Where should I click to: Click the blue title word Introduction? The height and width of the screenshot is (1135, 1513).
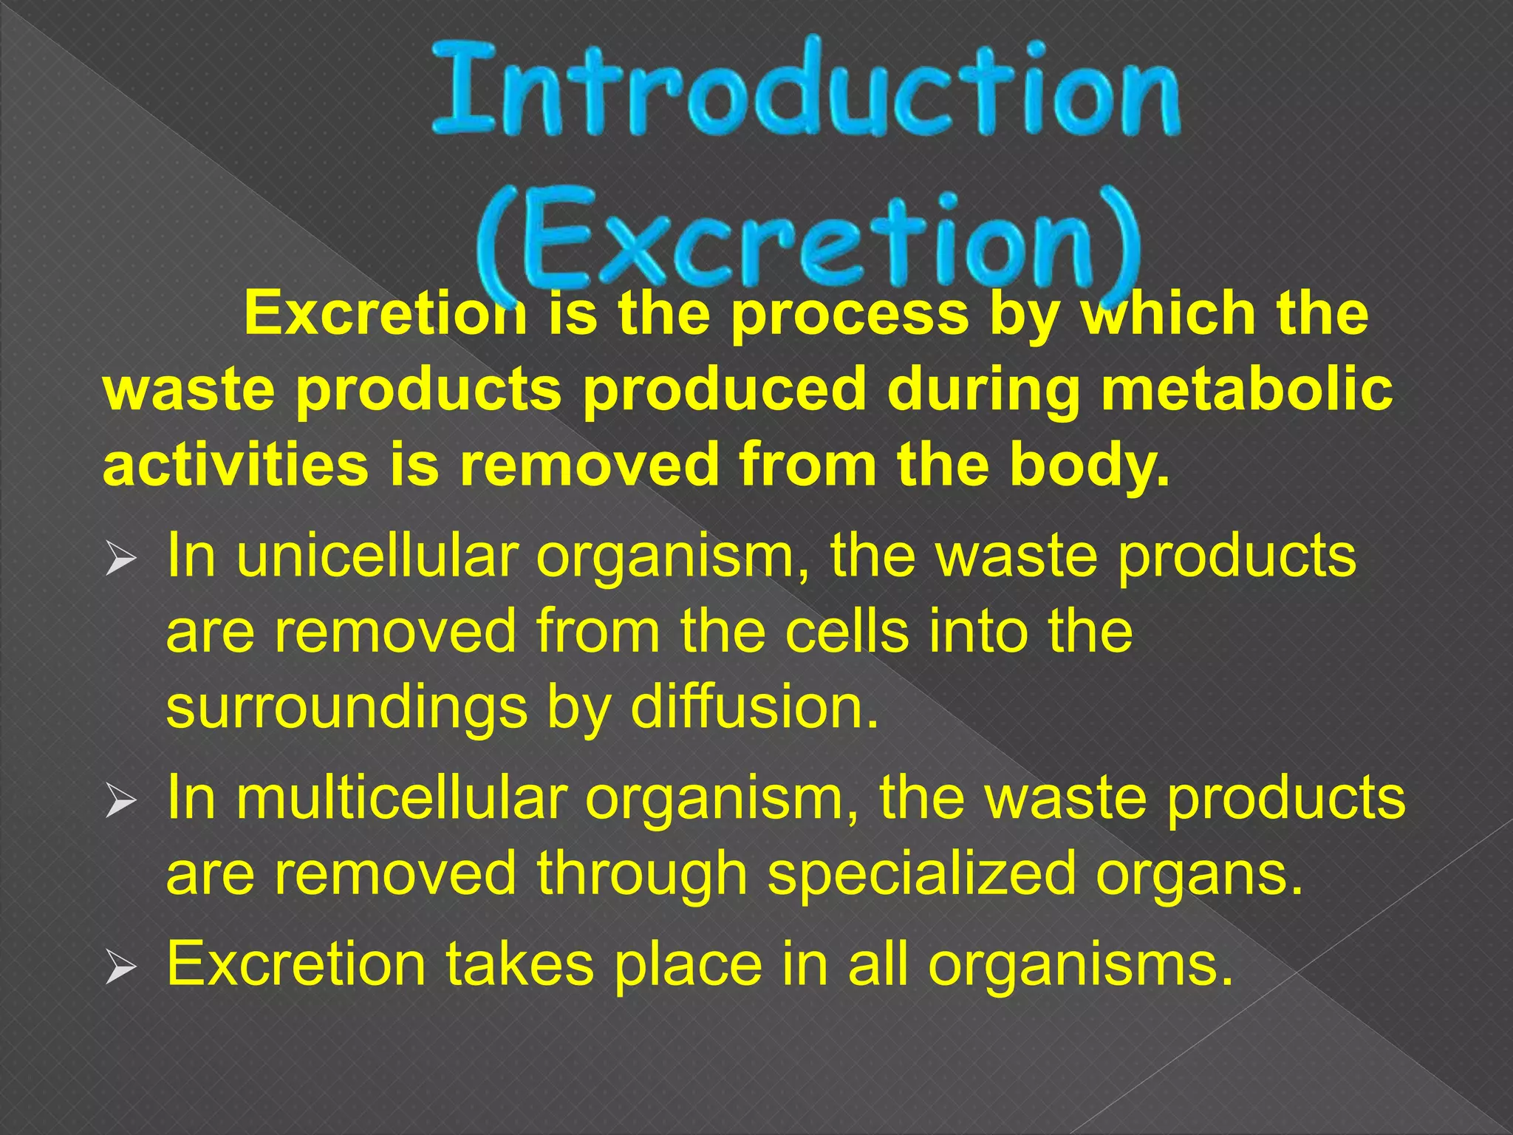click(805, 92)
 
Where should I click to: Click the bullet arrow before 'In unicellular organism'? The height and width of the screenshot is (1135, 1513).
click(120, 559)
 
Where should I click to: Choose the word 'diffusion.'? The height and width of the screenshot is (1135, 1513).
click(754, 707)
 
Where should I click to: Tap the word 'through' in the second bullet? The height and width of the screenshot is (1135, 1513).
click(642, 874)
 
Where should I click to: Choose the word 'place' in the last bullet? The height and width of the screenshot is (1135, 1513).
click(689, 965)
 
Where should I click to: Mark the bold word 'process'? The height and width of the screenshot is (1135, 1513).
click(850, 315)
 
